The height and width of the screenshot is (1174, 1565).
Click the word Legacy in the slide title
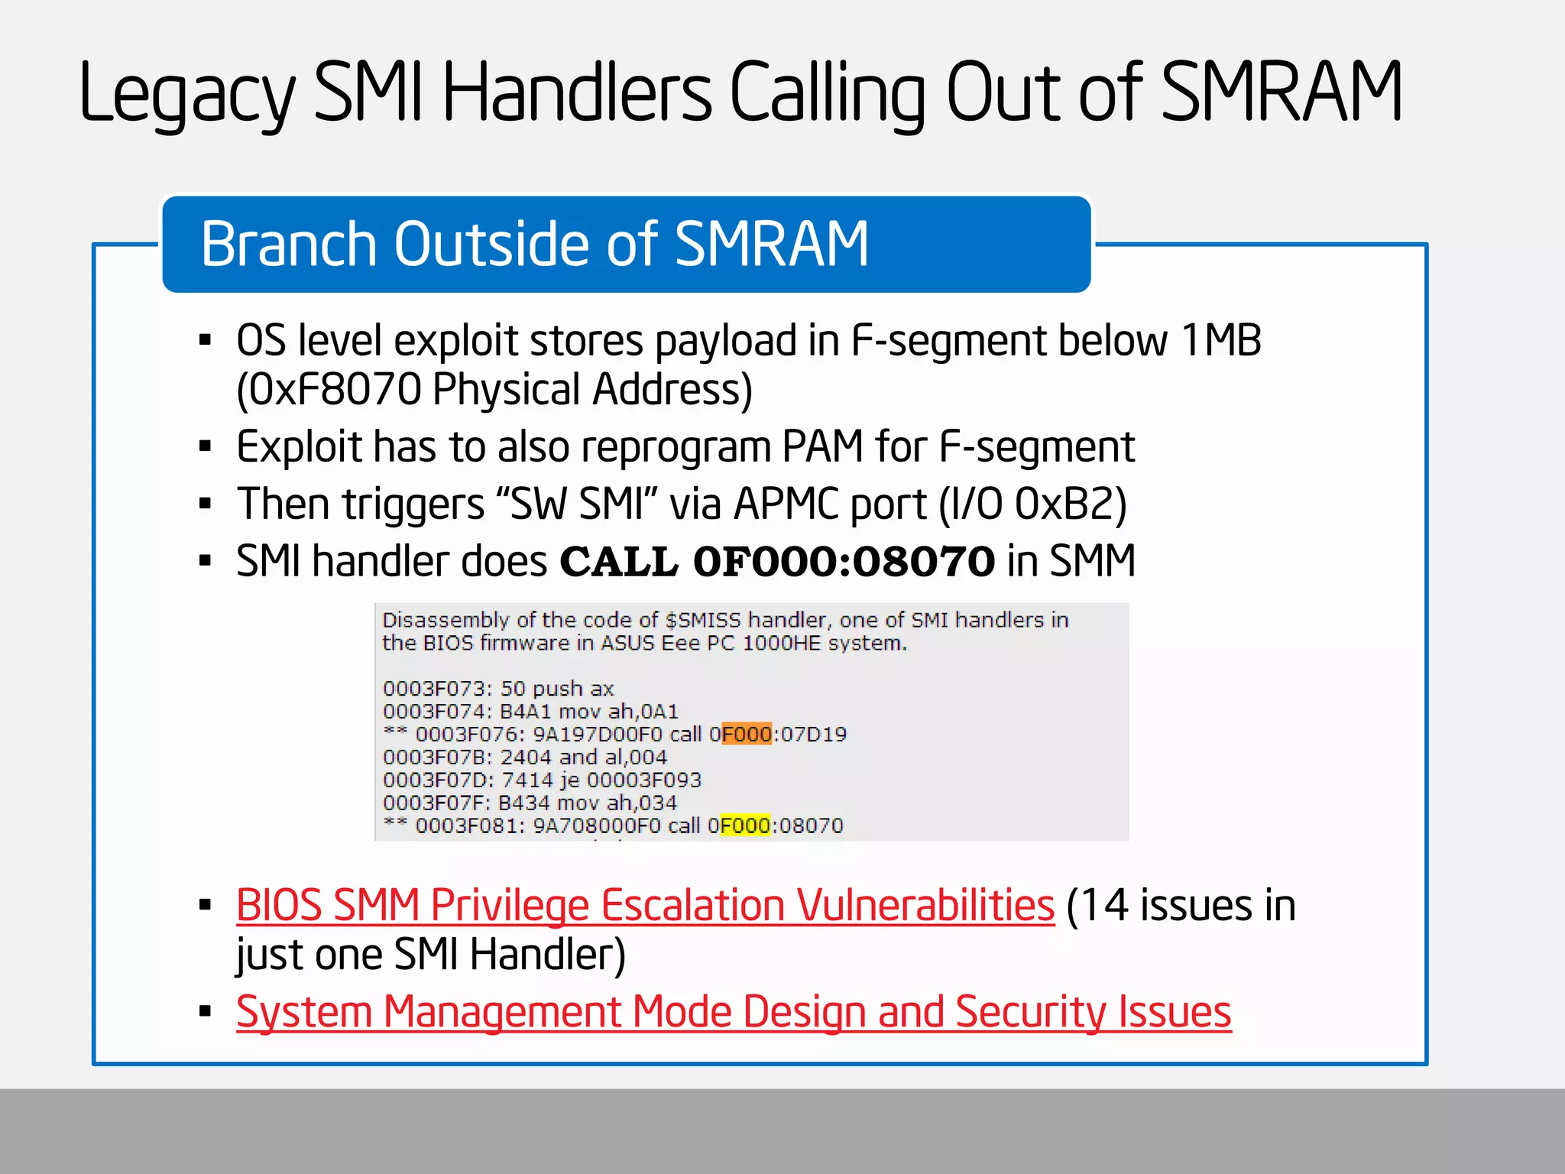[186, 94]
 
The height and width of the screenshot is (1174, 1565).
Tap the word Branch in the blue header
[290, 244]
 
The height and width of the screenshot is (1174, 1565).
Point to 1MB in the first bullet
[1221, 340]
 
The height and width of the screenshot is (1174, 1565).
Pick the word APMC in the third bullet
[787, 504]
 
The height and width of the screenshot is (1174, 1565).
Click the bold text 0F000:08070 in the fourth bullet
[844, 562]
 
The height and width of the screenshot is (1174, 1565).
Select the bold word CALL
[619, 562]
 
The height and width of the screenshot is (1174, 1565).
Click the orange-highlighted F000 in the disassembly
[747, 735]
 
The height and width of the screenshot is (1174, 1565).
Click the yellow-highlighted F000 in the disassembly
[745, 825]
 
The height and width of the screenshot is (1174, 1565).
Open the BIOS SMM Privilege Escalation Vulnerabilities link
[645, 906]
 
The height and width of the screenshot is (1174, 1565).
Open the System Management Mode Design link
[734, 1012]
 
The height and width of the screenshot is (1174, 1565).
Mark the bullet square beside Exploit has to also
[205, 446]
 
